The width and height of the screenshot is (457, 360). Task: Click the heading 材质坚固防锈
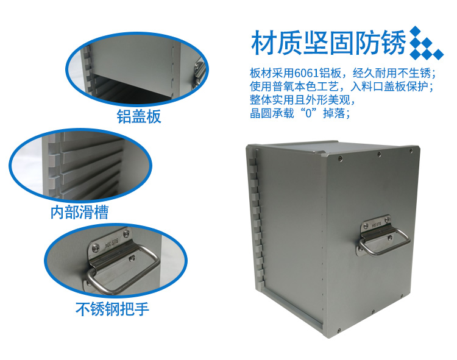click(x=328, y=43)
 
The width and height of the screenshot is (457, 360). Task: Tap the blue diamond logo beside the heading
click(x=426, y=43)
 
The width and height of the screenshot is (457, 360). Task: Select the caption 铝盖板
click(x=139, y=116)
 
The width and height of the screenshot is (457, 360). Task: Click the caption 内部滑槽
click(x=80, y=212)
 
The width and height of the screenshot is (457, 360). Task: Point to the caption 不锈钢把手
click(x=112, y=309)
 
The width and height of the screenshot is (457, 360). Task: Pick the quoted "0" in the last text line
click(x=309, y=113)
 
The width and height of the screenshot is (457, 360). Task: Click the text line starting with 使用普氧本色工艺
click(x=342, y=86)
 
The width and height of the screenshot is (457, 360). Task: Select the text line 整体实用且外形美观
click(x=302, y=100)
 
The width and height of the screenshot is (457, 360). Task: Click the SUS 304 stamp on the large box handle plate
click(x=376, y=225)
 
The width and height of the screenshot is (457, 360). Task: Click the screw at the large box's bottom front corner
click(x=339, y=330)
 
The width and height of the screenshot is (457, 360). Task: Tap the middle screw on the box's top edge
click(x=379, y=154)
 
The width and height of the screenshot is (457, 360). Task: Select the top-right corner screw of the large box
click(x=411, y=150)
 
